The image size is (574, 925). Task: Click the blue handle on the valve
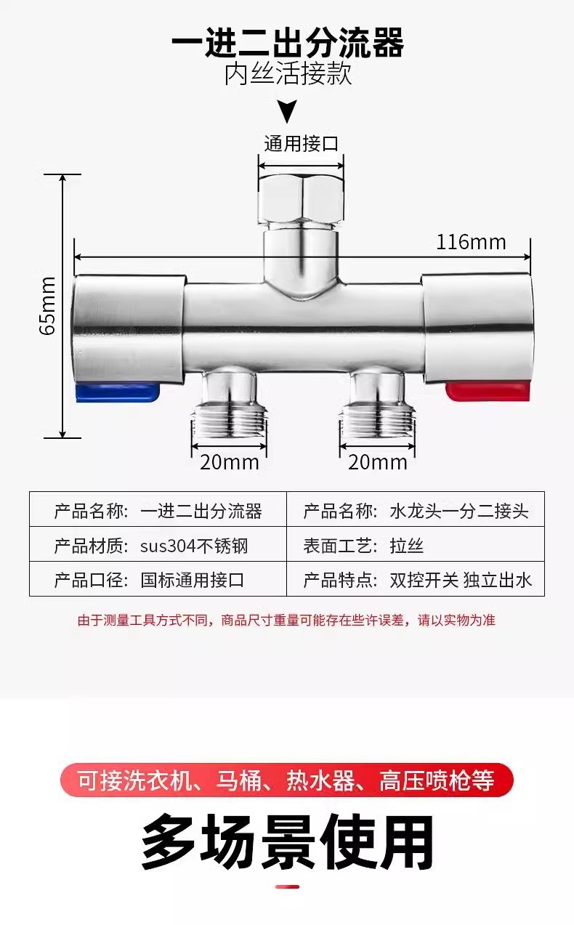[116, 393]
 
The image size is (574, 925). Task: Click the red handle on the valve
[488, 392]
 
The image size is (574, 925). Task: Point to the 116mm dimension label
[471, 242]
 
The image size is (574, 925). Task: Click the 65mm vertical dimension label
[47, 306]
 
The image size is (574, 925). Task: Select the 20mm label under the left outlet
[225, 461]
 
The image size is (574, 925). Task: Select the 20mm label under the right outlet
[377, 461]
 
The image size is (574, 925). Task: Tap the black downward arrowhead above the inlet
[288, 112]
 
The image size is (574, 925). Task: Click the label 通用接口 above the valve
[301, 144]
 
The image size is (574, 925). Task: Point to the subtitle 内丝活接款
[288, 74]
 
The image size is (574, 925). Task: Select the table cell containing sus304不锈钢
[158, 546]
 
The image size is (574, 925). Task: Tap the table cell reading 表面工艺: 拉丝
[416, 546]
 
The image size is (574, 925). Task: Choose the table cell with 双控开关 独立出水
[416, 579]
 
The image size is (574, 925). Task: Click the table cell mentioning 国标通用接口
[158, 579]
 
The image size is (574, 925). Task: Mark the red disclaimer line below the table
[287, 621]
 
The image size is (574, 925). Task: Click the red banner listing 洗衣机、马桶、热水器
[287, 780]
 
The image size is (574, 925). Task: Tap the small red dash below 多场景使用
[288, 886]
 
